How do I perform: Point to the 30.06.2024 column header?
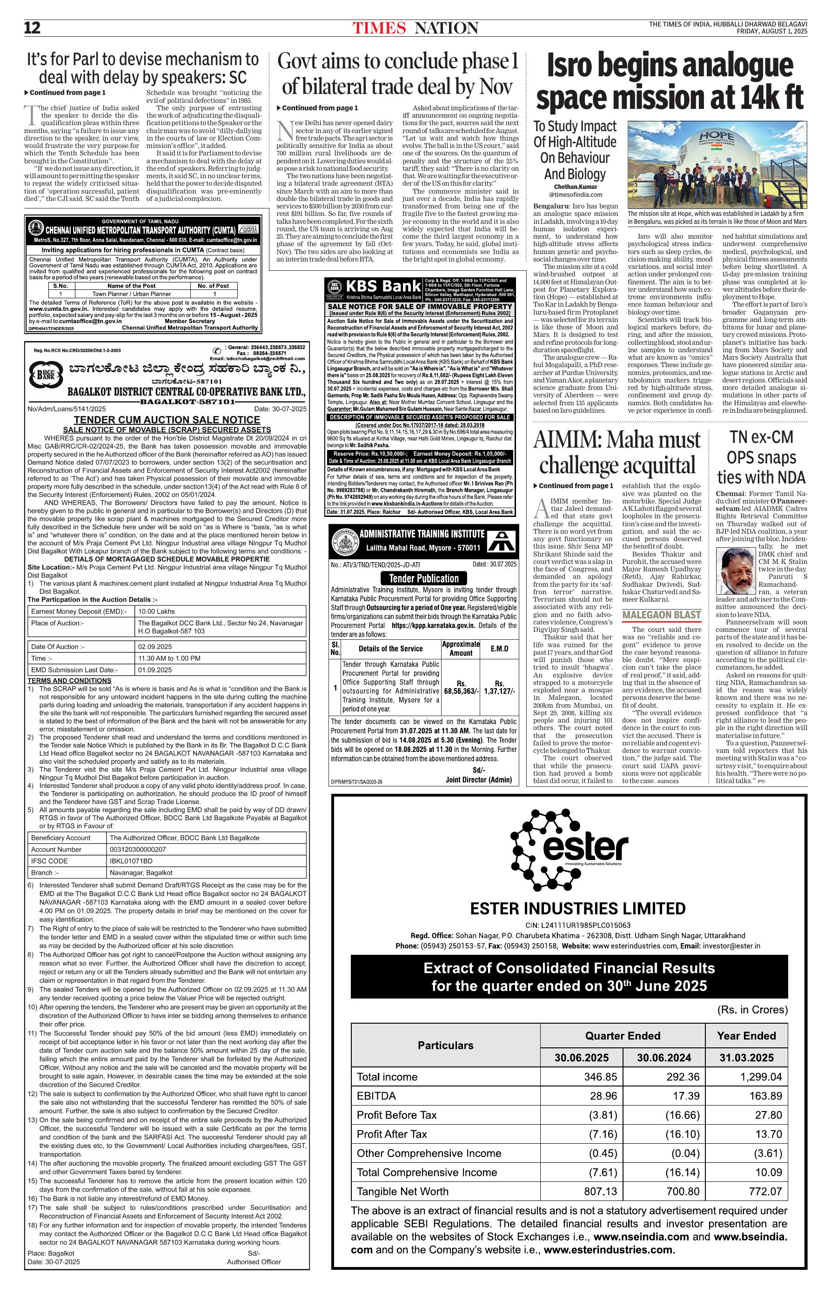tap(663, 1058)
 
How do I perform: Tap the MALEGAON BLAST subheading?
tap(662, 615)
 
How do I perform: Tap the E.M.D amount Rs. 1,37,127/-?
tap(499, 686)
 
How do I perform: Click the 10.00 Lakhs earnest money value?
tap(156, 611)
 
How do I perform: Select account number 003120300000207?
tap(138, 849)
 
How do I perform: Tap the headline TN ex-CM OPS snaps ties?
tap(761, 457)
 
